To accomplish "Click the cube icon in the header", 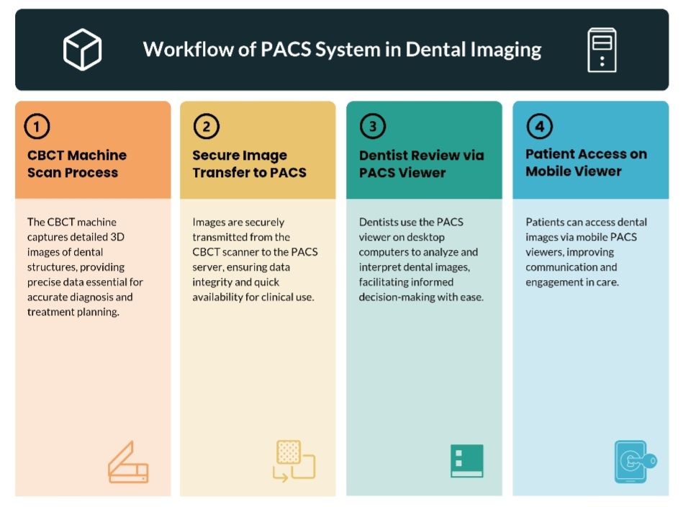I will [x=82, y=49].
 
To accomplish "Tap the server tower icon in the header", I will [x=602, y=49].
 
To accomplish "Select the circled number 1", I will [x=37, y=127].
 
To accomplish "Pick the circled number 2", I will [x=206, y=127].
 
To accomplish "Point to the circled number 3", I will [x=372, y=127].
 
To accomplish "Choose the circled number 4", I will [x=539, y=127].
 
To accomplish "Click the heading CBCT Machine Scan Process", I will [x=77, y=163].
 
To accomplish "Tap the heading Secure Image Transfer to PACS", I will [x=249, y=163].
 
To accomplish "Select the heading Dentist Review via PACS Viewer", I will [x=421, y=163].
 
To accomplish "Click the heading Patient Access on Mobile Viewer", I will [x=586, y=162].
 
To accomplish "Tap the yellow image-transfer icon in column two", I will [x=294, y=460].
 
